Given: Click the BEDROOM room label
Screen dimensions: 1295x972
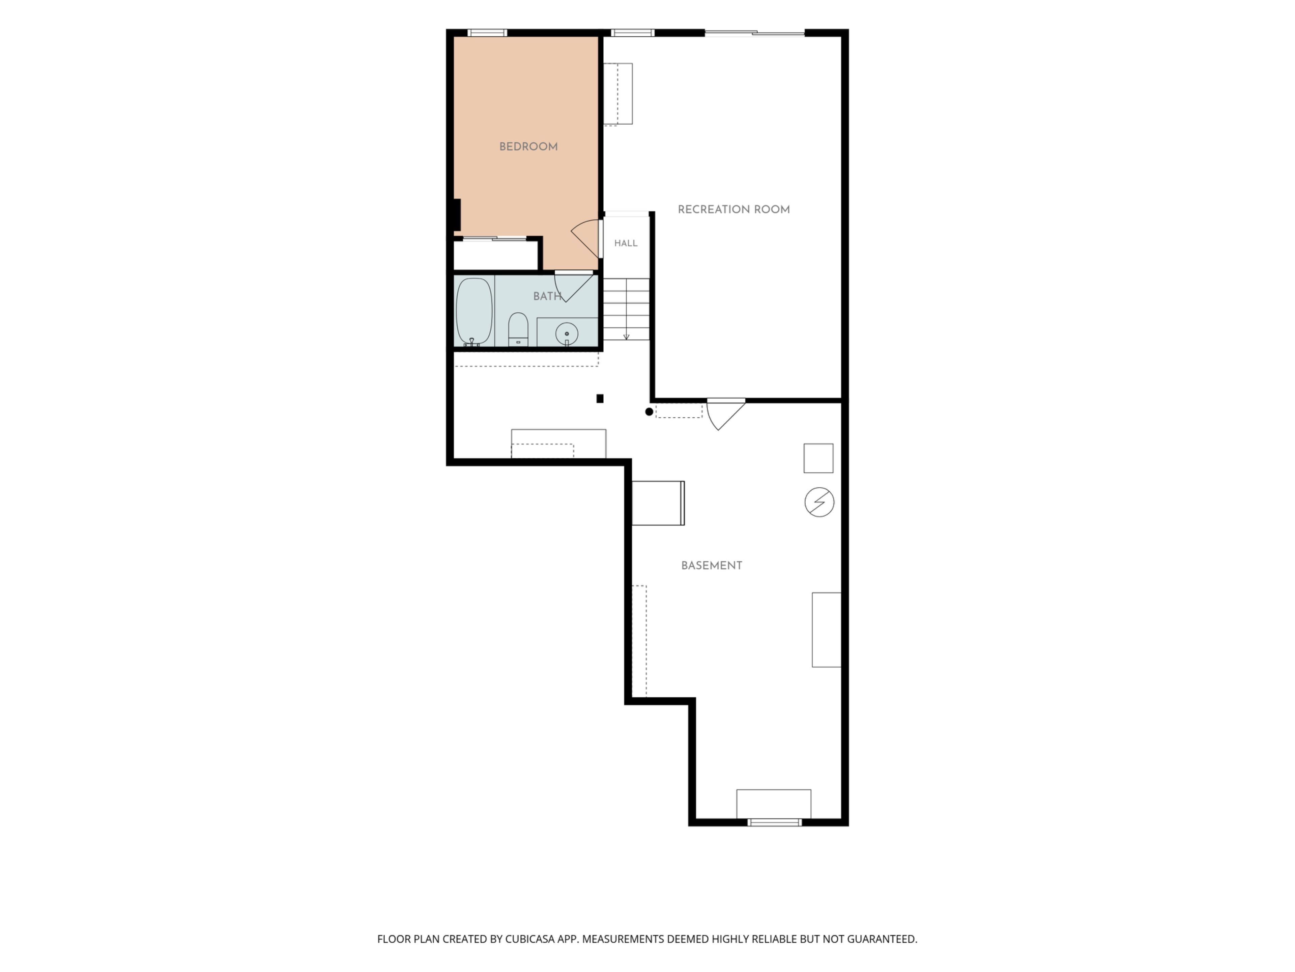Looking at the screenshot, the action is point(528,146).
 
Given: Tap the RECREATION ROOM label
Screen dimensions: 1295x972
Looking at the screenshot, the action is point(733,209).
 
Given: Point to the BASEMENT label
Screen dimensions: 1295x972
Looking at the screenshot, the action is point(711,565).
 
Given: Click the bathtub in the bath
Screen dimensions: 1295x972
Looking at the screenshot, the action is point(473,312).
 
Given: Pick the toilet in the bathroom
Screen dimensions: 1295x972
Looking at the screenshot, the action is point(518,329).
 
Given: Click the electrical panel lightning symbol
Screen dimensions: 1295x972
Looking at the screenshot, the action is point(819,502).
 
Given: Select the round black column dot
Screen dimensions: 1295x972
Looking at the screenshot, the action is point(649,412).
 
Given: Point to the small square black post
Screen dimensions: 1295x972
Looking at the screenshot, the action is point(600,398).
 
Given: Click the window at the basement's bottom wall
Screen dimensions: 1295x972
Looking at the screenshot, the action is point(775,822).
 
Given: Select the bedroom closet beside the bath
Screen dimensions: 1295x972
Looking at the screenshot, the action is point(496,255).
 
